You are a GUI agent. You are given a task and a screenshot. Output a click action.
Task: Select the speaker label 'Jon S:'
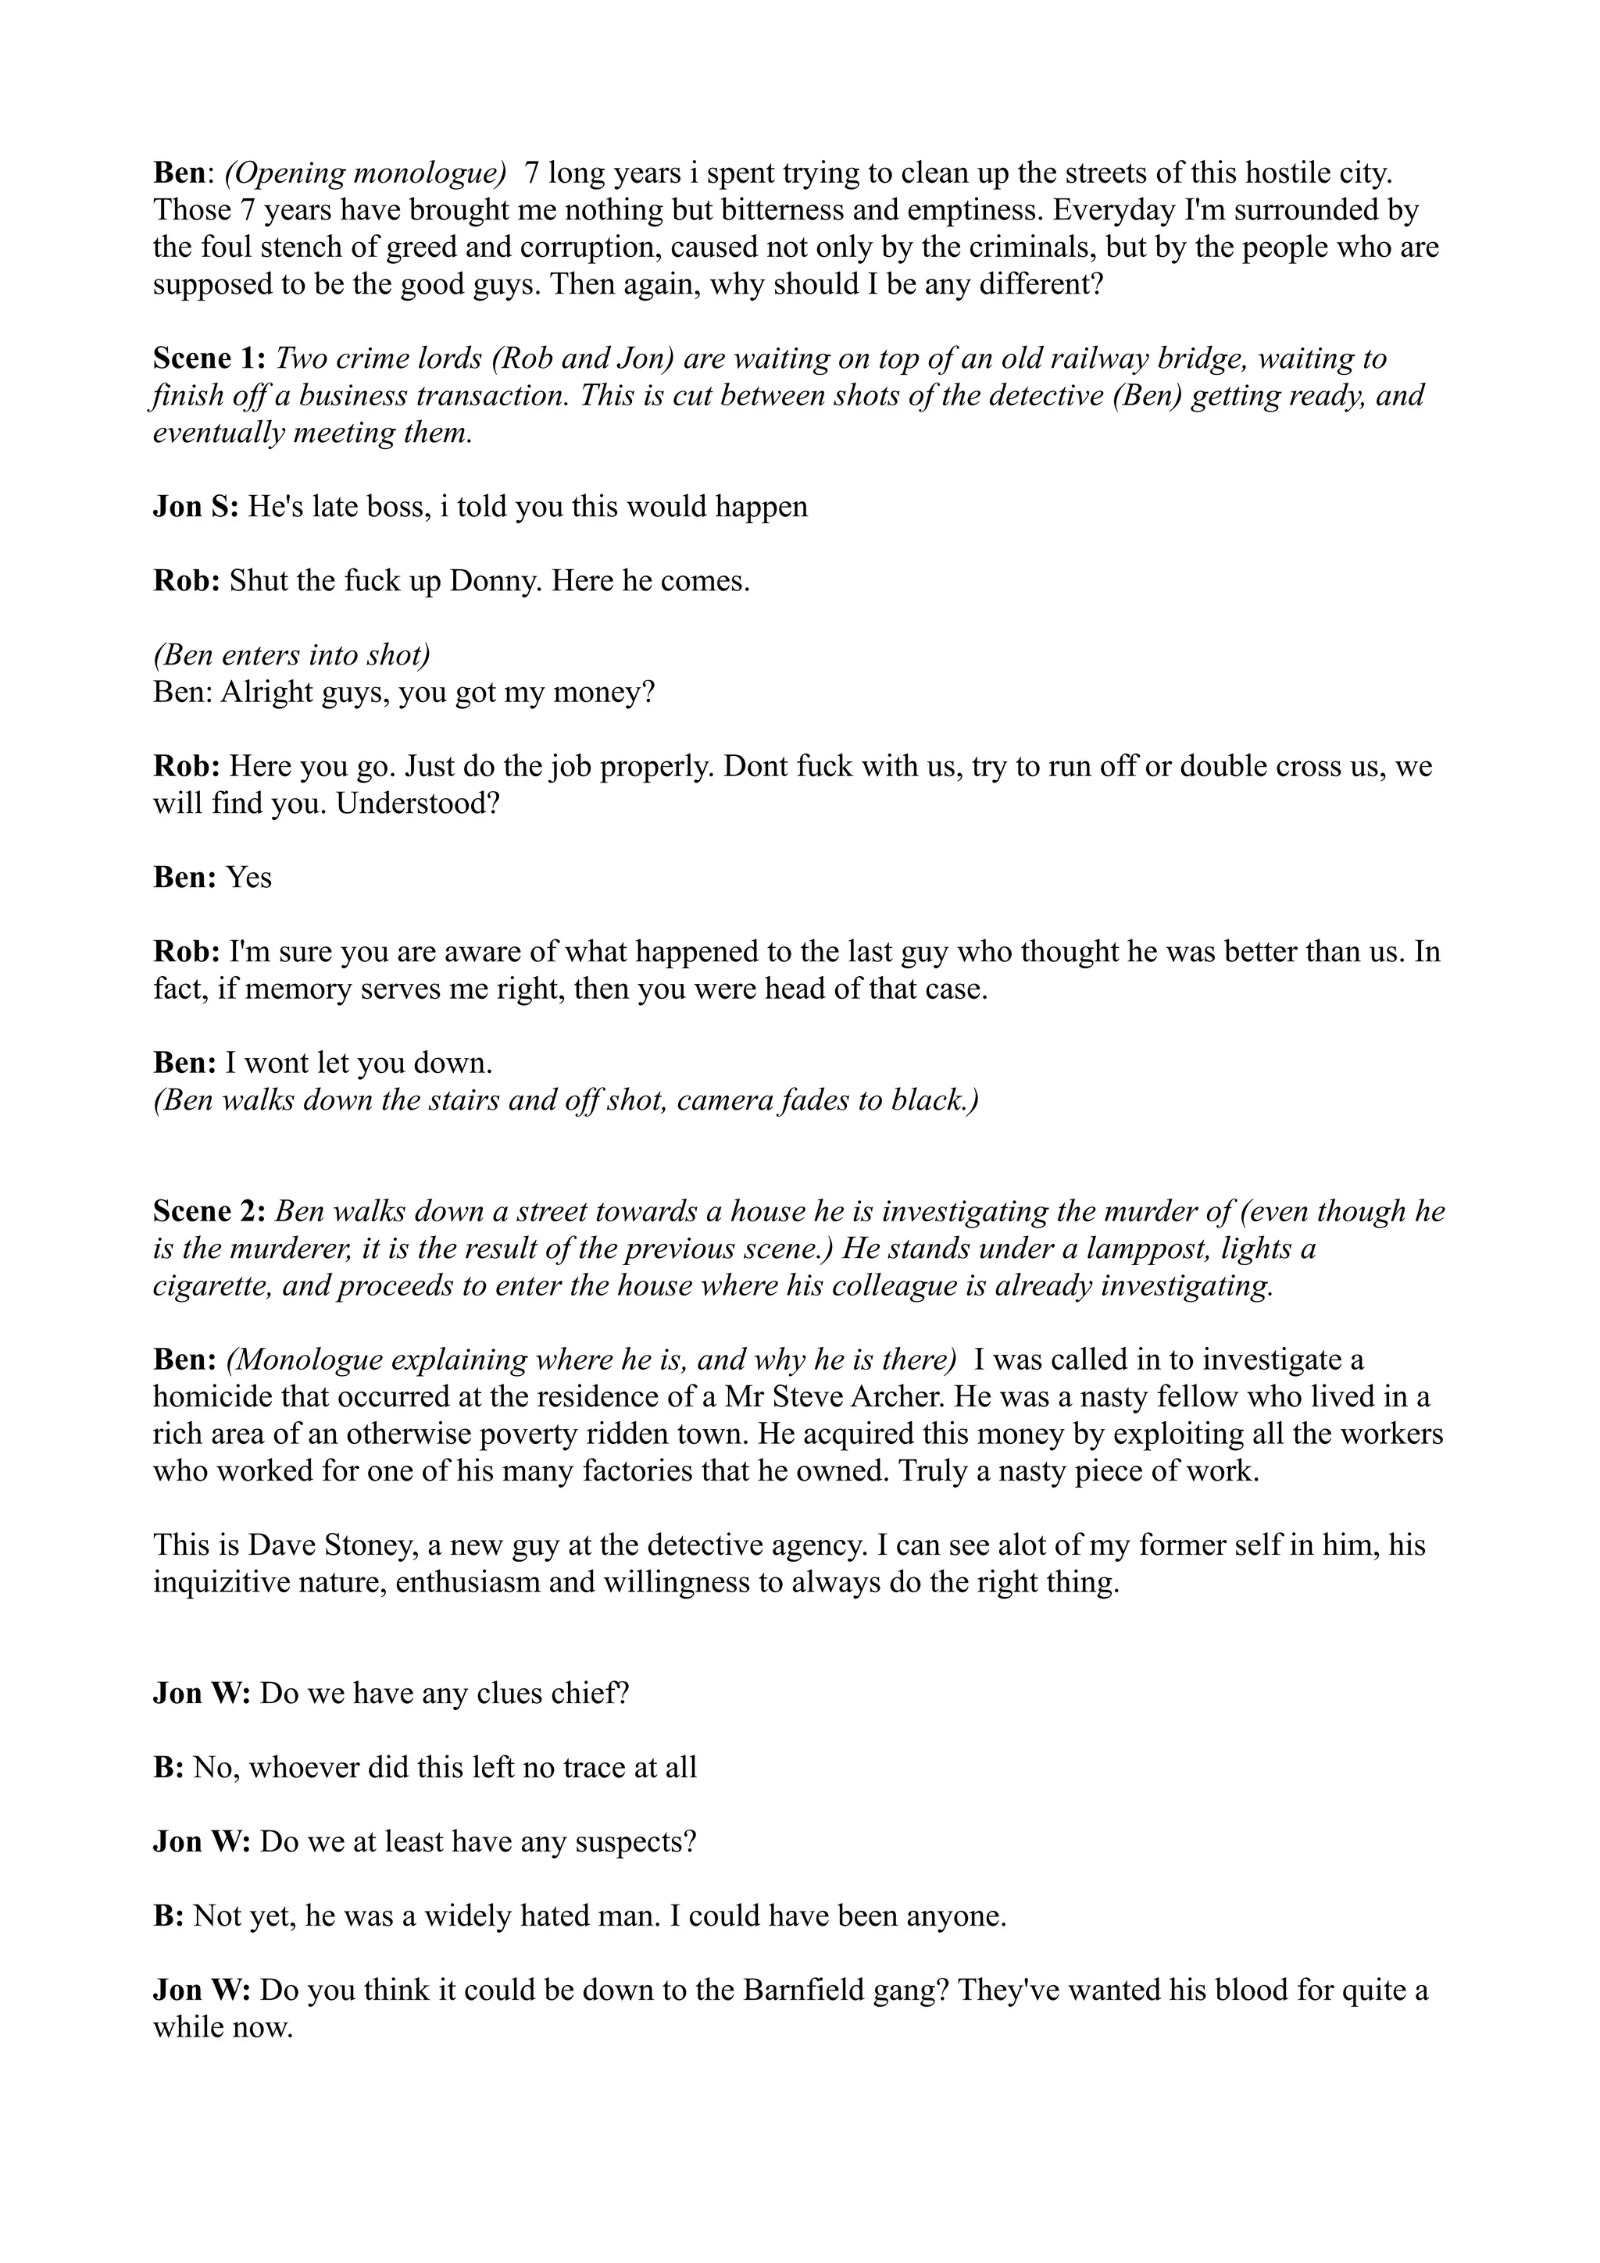[195, 507]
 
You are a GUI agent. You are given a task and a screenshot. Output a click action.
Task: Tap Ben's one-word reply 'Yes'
[249, 877]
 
